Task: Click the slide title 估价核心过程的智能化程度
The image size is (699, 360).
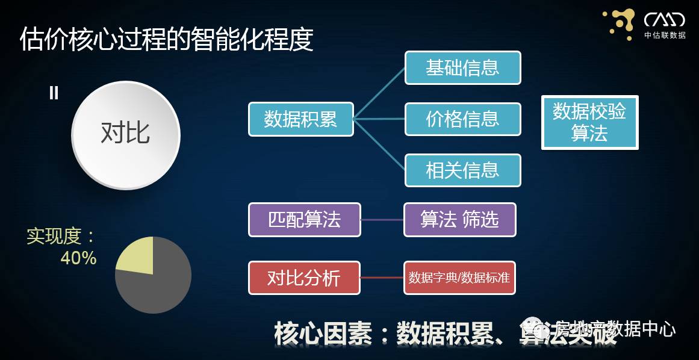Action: pyautogui.click(x=167, y=39)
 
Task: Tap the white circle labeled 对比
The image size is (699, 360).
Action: pyautogui.click(x=125, y=134)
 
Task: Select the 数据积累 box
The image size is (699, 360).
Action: pyautogui.click(x=300, y=119)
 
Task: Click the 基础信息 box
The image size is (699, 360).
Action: pyautogui.click(x=462, y=67)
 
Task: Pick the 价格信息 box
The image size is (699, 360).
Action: pyautogui.click(x=462, y=119)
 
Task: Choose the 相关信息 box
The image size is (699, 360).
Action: pyautogui.click(x=462, y=170)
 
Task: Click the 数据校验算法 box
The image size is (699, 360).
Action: pyautogui.click(x=589, y=122)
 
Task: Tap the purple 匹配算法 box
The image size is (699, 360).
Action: pyautogui.click(x=304, y=220)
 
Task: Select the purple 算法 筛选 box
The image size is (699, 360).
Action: pyautogui.click(x=459, y=220)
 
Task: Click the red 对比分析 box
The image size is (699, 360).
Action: pyautogui.click(x=304, y=278)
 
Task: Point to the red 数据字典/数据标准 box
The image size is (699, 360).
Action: pyautogui.click(x=459, y=278)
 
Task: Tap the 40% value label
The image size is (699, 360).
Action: pyautogui.click(x=78, y=258)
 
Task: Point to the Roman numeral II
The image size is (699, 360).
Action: pyautogui.click(x=54, y=93)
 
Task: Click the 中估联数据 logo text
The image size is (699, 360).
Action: pyautogui.click(x=665, y=35)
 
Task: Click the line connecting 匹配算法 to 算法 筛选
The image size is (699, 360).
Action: pyautogui.click(x=382, y=220)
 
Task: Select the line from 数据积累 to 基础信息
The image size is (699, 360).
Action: pyautogui.click(x=379, y=93)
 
